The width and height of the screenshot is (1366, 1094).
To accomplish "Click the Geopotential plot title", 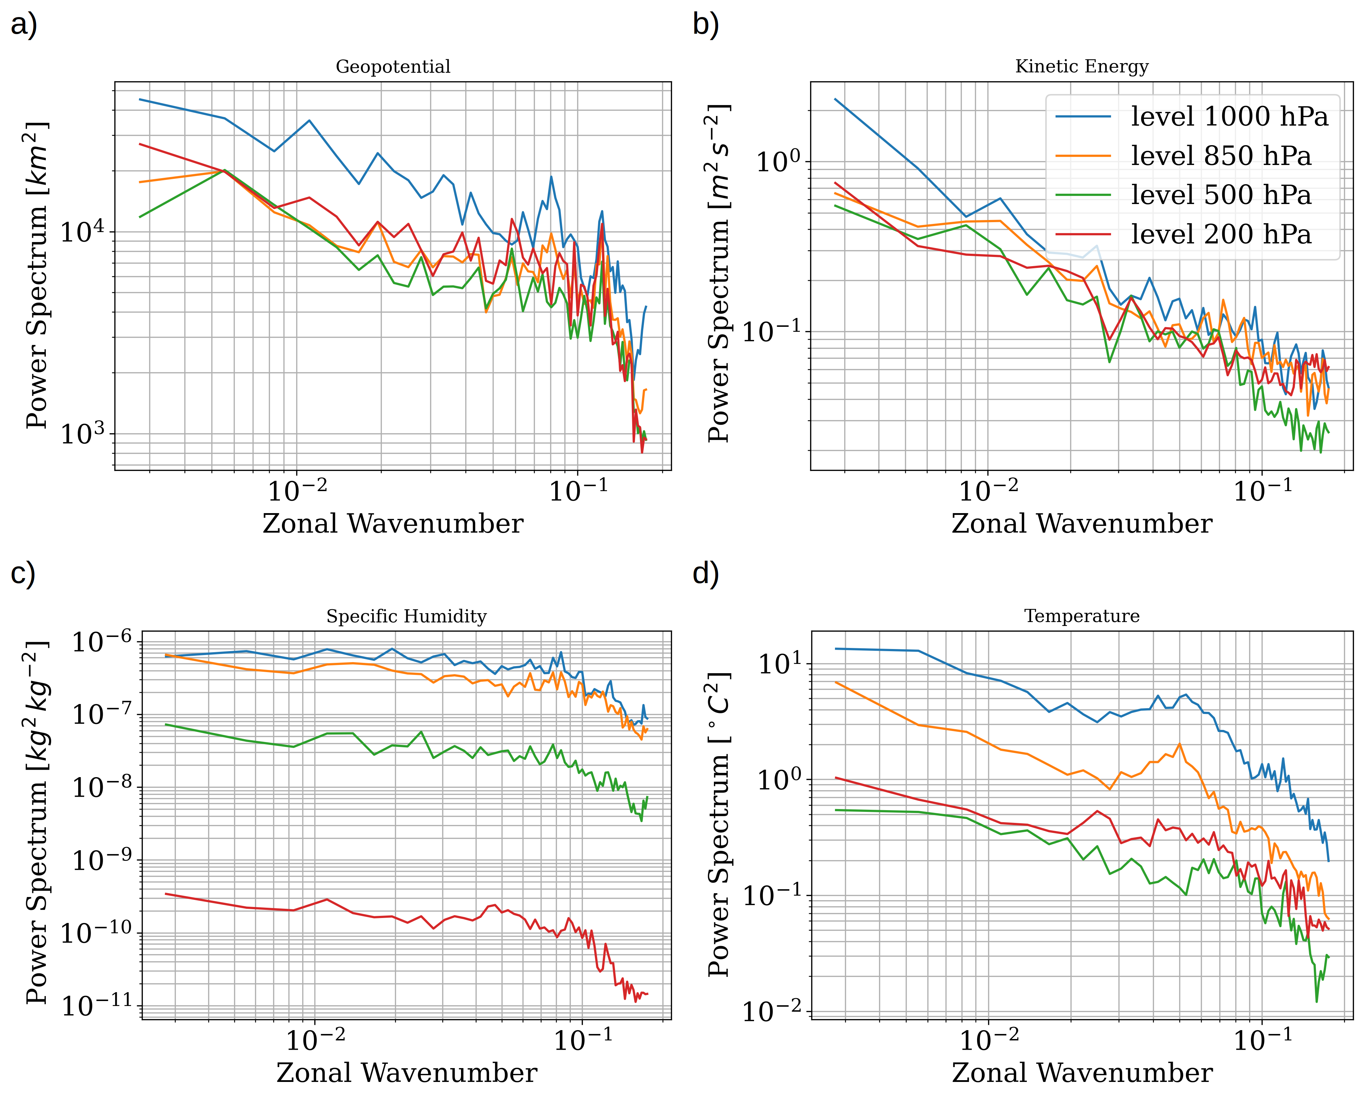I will [x=393, y=66].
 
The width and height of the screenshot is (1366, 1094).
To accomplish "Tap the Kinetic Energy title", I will [x=1082, y=66].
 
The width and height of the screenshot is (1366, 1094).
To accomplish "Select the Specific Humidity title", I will [x=406, y=616].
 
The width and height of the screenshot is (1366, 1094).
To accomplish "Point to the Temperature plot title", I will [x=1082, y=616].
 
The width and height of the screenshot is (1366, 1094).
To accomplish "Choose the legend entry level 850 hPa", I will [x=1220, y=156].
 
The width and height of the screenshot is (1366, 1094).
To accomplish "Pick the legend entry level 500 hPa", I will [x=1220, y=195].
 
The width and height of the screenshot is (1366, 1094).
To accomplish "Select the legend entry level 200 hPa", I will [x=1220, y=234].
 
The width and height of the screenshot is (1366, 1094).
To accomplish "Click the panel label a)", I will [x=24, y=25].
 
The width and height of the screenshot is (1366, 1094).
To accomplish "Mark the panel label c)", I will [x=23, y=573].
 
